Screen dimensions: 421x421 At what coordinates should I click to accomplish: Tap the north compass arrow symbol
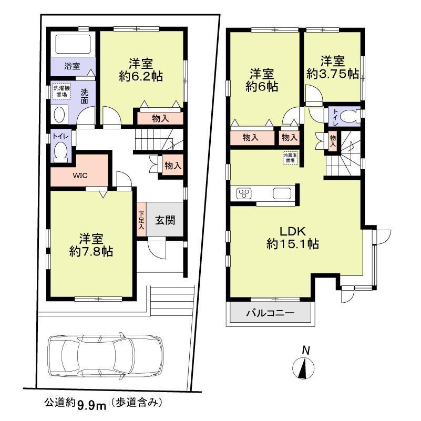pos(303,366)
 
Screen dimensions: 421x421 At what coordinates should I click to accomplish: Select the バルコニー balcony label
pos(270,314)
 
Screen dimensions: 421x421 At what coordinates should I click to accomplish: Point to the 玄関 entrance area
pos(165,220)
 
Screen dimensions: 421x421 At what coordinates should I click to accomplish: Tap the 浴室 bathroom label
pos(72,66)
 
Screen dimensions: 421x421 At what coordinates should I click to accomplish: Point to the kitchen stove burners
pos(245,194)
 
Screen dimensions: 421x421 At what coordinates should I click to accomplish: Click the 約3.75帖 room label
pos(333,68)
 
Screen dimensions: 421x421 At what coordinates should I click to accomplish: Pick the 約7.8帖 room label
pos(91,244)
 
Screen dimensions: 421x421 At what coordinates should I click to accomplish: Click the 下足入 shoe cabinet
pos(141,221)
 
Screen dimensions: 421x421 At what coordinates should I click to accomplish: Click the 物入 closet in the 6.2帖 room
pos(161,118)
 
